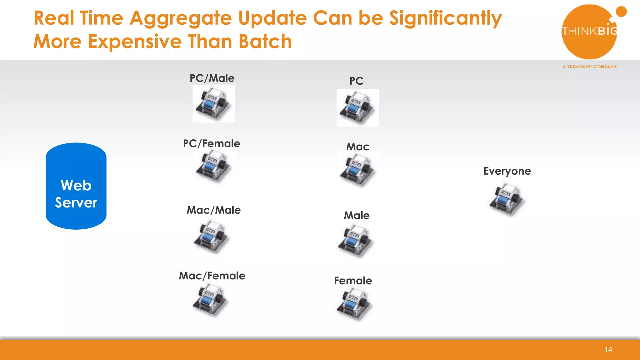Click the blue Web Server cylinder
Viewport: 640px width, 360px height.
pyautogui.click(x=76, y=186)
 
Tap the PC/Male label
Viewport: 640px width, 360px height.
pyautogui.click(x=212, y=78)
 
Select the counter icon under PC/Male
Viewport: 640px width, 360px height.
pyautogui.click(x=214, y=104)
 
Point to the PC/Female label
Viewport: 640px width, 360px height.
pyautogui.click(x=212, y=143)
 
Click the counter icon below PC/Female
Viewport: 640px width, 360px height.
pyautogui.click(x=214, y=167)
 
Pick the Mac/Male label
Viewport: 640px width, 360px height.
pyautogui.click(x=214, y=210)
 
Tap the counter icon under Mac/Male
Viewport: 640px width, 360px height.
pyautogui.click(x=212, y=237)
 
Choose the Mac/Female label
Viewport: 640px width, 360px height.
pyautogui.click(x=212, y=276)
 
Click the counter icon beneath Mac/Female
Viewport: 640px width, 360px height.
pyautogui.click(x=211, y=301)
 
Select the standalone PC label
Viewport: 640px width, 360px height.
pyautogui.click(x=356, y=81)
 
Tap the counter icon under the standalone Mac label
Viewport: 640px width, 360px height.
pyautogui.click(x=358, y=170)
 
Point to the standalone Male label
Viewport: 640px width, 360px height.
pyautogui.click(x=357, y=215)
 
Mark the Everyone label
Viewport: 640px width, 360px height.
pyautogui.click(x=507, y=171)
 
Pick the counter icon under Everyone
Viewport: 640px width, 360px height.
pyautogui.click(x=507, y=199)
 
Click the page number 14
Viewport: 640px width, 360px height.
pyautogui.click(x=608, y=349)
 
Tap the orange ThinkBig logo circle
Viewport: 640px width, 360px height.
pyautogui.click(x=589, y=32)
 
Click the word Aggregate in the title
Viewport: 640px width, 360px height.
pyautogui.click(x=181, y=18)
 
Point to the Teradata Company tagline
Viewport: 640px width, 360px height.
pyautogui.click(x=589, y=67)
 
